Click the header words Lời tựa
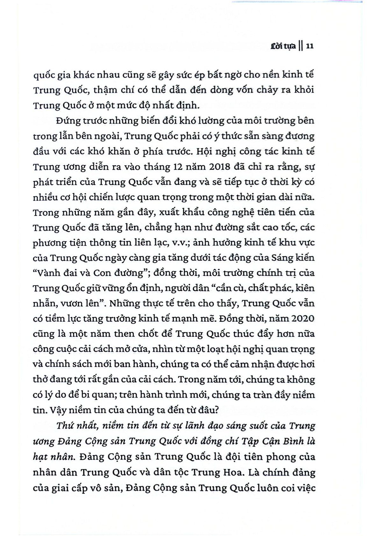pos(283,46)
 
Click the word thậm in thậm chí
pos(105,90)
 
